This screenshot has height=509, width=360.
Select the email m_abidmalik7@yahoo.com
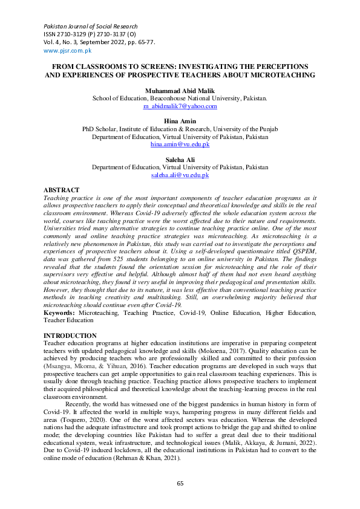click(x=180, y=106)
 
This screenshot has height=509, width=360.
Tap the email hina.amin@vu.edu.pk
click(x=180, y=145)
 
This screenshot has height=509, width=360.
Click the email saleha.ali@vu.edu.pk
click(x=180, y=175)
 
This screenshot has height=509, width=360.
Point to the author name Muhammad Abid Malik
click(x=180, y=90)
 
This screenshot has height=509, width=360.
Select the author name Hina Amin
click(x=180, y=122)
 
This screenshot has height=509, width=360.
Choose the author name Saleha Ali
click(x=180, y=160)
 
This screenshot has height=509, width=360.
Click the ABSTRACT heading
click(x=62, y=190)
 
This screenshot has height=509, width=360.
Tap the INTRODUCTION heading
click(x=70, y=336)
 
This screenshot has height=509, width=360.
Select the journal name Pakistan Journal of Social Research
click(x=90, y=27)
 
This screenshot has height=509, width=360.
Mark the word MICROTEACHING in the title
click(x=278, y=75)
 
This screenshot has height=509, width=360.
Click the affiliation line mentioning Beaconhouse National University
click(x=180, y=98)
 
